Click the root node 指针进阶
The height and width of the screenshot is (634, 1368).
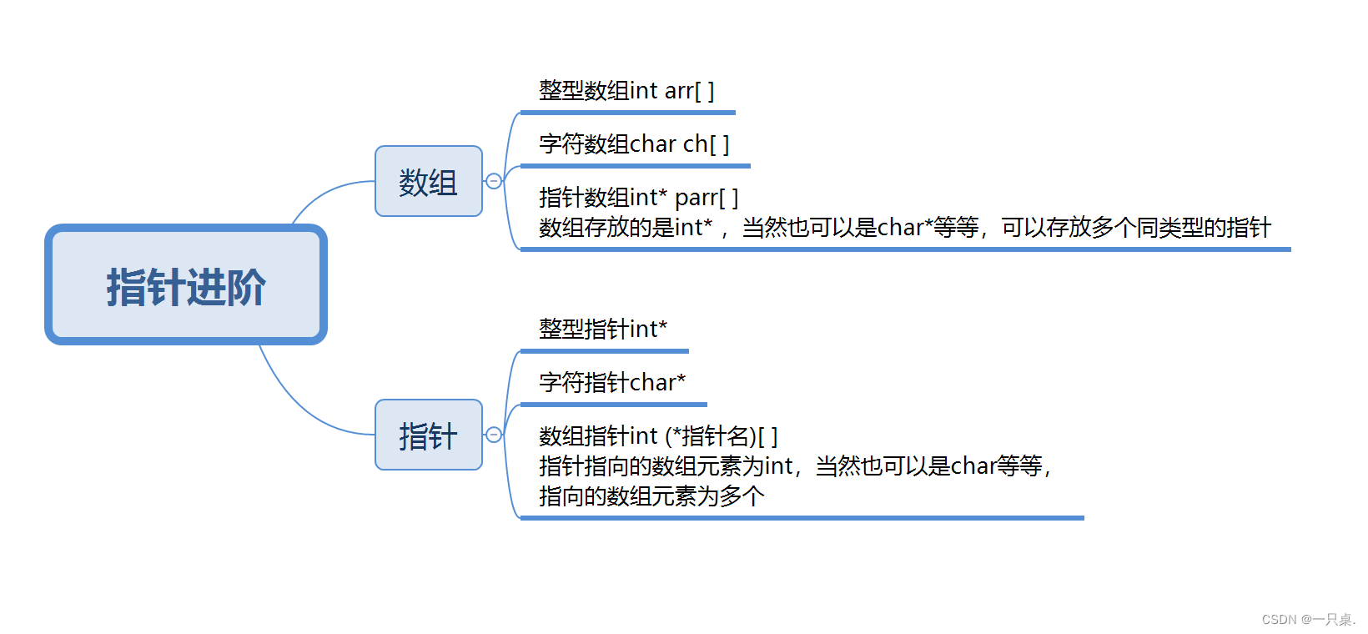[x=186, y=285]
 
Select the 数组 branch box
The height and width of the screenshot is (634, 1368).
[x=429, y=181]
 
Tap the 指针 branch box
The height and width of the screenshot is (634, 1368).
[x=429, y=435]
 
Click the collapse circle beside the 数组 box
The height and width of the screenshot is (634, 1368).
[x=494, y=181]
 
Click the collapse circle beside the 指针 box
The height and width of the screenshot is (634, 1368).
[x=494, y=435]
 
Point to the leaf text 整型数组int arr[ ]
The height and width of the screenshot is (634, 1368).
[x=626, y=90]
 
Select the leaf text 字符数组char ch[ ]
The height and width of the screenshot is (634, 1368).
[x=634, y=143]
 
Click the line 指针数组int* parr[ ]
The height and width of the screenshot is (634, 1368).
[x=638, y=198]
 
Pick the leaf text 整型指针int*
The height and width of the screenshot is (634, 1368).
[x=603, y=329]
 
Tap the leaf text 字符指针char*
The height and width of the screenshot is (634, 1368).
[x=612, y=382]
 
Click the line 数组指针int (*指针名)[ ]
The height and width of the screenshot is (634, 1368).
[x=658, y=435]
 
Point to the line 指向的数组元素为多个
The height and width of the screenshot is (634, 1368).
[x=651, y=496]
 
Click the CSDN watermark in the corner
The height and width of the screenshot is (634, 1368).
[x=1308, y=620]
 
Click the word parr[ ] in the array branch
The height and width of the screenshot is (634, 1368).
[x=707, y=198]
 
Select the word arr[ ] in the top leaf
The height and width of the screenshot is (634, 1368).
[x=689, y=90]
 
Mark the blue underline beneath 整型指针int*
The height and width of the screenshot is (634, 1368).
[x=604, y=351]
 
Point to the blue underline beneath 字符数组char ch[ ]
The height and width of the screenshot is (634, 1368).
[x=635, y=166]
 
